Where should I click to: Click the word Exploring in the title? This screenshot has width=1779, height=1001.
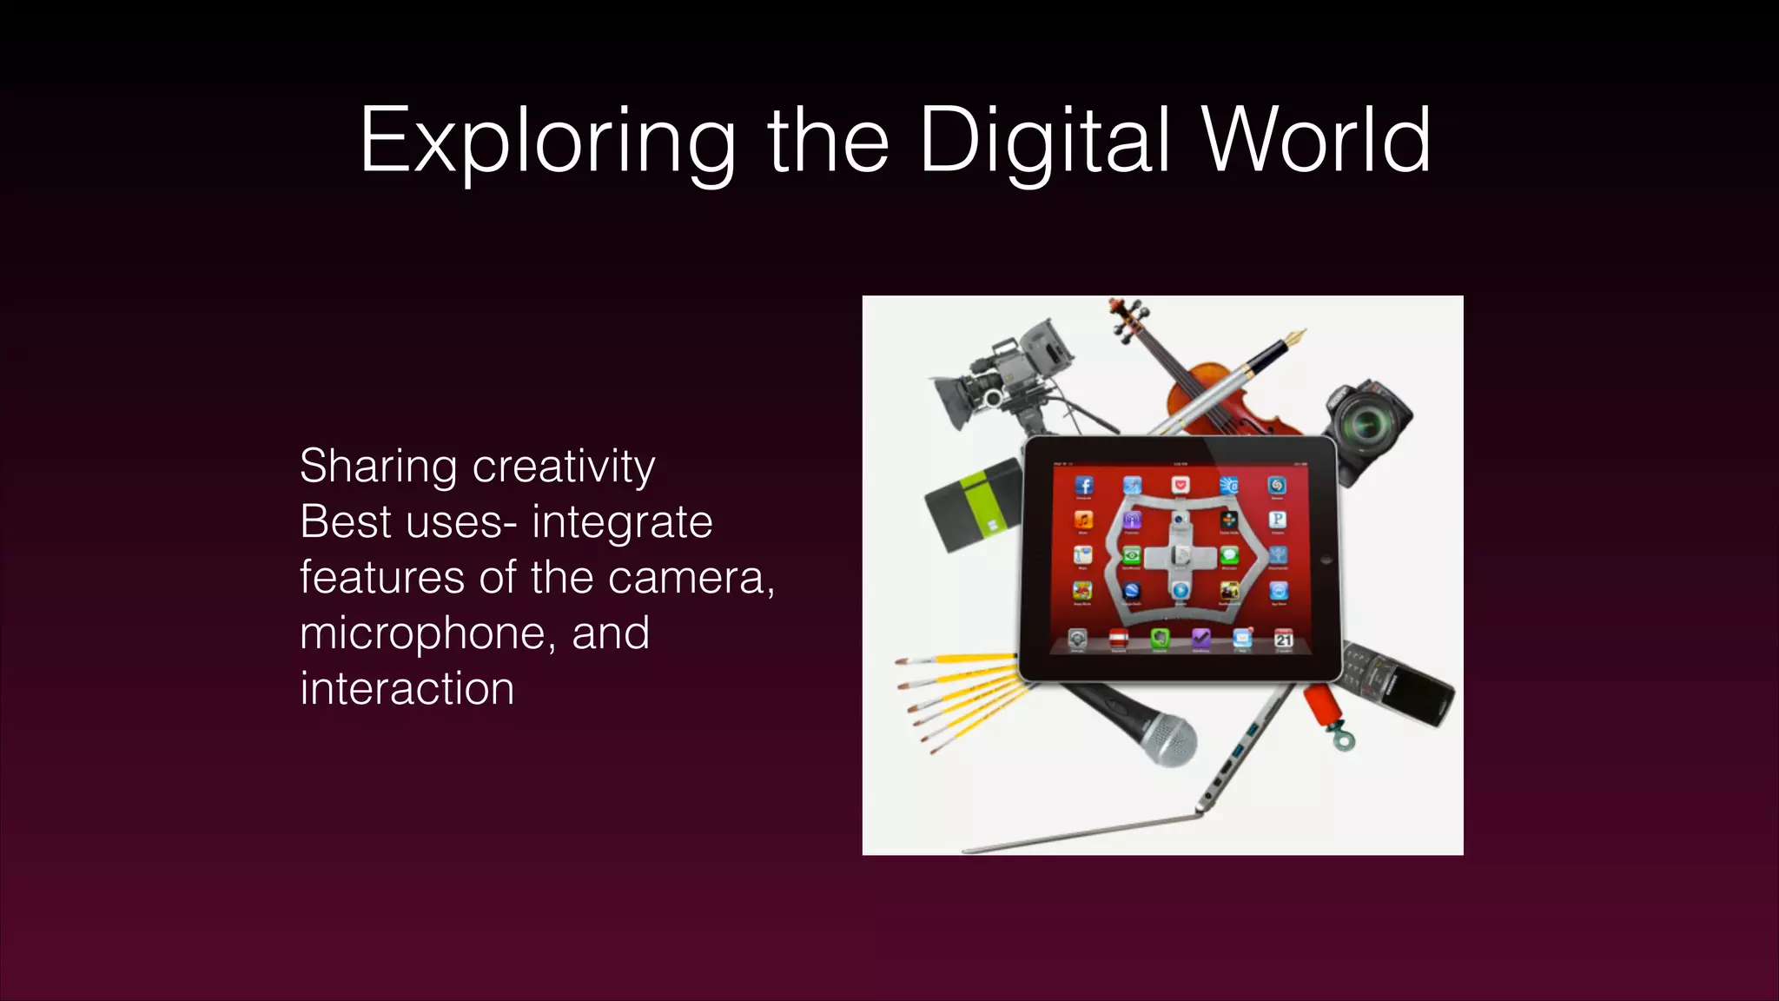(547, 141)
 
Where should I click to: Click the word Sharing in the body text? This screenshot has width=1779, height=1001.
(378, 467)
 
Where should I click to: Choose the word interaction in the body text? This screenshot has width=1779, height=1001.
(407, 689)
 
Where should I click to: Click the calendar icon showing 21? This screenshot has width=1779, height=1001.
(1283, 640)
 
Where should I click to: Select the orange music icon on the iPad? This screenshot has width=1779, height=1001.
(1083, 520)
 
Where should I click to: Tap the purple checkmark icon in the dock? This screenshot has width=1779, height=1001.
(1200, 640)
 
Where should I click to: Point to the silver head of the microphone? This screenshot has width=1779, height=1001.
(1167, 742)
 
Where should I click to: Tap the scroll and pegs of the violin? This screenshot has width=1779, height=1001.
(1127, 316)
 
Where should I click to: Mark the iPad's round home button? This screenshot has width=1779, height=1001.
(1326, 560)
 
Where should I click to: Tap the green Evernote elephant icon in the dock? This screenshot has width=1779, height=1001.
(1159, 640)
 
